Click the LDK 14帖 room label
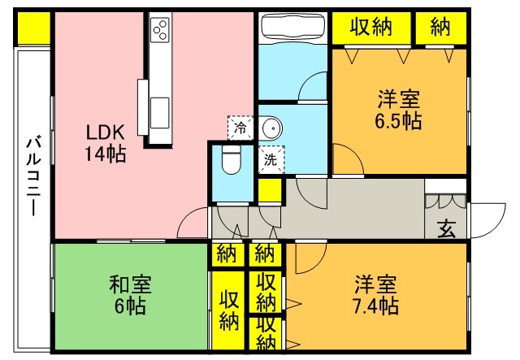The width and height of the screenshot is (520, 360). point(106,141)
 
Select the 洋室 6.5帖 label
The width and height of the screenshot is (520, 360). point(399,111)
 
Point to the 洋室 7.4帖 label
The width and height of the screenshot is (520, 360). point(375,296)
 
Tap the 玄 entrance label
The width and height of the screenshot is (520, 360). point(447,228)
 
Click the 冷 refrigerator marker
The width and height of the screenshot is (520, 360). point(240,127)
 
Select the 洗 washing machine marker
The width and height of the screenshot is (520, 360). point(271,159)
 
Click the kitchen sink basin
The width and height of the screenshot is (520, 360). point(159,106)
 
